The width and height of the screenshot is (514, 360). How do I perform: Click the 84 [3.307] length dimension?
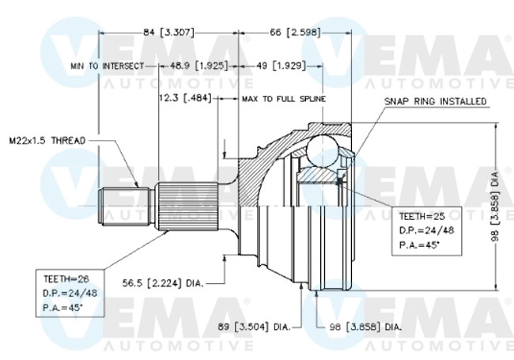168,32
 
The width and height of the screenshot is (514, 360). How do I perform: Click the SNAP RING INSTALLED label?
435,102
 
